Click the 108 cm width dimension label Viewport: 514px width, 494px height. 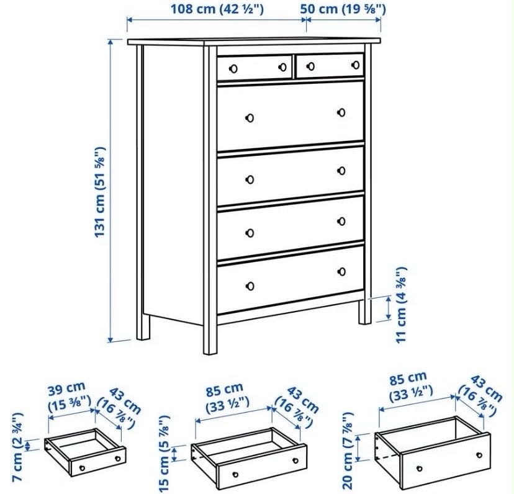tap(217, 9)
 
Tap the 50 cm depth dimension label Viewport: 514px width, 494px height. tap(343, 9)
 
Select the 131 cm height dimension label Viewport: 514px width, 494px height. tap(100, 192)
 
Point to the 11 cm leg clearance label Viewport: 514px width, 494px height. tap(401, 305)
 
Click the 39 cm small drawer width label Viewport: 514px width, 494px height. tap(69, 397)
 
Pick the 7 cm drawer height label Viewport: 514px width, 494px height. tap(17, 447)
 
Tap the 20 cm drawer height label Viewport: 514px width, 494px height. tap(348, 451)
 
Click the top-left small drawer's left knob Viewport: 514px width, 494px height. tap(233, 69)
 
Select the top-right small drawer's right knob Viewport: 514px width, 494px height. tap(355, 65)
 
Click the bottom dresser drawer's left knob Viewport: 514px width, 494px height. tap(250, 286)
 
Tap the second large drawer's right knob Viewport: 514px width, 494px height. tap(341, 171)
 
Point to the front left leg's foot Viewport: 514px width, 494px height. tap(210, 351)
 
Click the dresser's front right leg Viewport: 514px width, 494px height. tap(365, 312)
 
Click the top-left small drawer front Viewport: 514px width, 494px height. tap(255, 68)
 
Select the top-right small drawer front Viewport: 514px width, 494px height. tap(330, 66)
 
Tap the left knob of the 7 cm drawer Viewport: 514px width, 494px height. tap(83, 468)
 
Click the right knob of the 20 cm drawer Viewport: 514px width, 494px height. tap(479, 455)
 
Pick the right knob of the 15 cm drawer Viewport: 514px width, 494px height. tap(295, 460)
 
